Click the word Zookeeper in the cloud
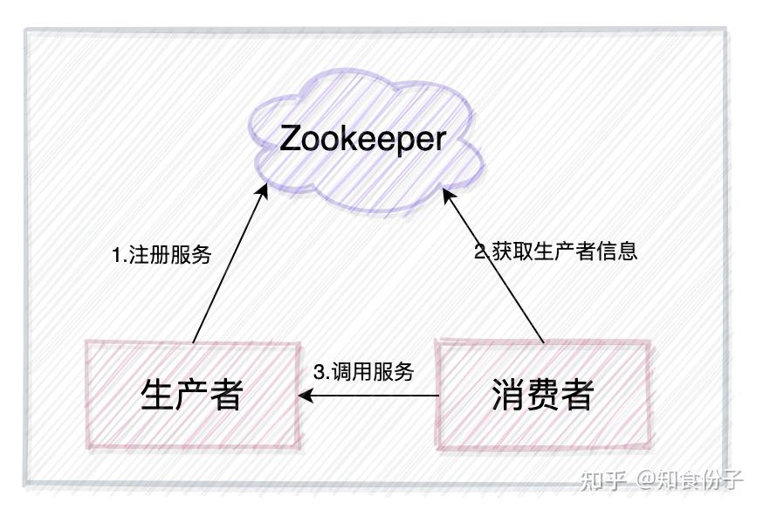click(x=362, y=139)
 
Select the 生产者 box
click(x=193, y=394)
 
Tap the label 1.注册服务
click(x=162, y=254)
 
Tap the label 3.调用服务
click(x=363, y=372)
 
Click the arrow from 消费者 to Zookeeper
click(x=493, y=265)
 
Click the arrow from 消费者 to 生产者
click(x=368, y=395)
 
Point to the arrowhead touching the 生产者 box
click(x=305, y=395)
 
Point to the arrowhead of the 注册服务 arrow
click(x=264, y=190)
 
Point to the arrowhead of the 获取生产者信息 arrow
click(x=448, y=192)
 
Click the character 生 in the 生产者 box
click(x=157, y=394)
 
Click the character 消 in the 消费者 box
click(x=508, y=394)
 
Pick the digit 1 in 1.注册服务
click(x=117, y=255)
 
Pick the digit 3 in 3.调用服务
click(x=320, y=372)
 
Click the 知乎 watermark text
click(x=603, y=479)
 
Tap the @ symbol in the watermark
click(x=646, y=479)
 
